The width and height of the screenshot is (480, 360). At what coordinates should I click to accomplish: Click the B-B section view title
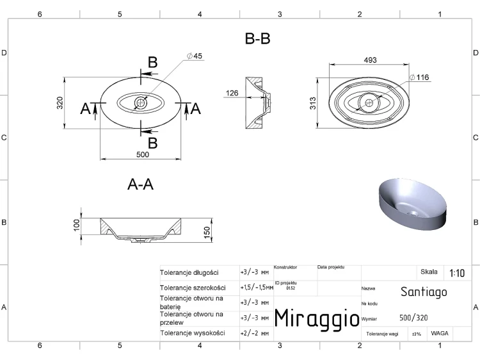pyautogui.click(x=257, y=38)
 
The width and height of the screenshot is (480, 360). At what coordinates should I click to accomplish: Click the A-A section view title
pyautogui.click(x=140, y=184)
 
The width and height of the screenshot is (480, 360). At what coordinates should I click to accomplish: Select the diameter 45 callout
pyautogui.click(x=195, y=56)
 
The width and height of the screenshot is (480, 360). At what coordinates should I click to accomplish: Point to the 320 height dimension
pyautogui.click(x=60, y=103)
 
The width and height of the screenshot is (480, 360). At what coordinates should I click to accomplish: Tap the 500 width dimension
pyautogui.click(x=143, y=154)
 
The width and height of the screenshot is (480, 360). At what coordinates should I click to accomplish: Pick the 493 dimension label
pyautogui.click(x=370, y=60)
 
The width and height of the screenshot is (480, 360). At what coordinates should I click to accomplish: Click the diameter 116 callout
pyautogui.click(x=419, y=78)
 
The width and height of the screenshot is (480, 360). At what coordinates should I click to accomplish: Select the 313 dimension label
pyautogui.click(x=312, y=103)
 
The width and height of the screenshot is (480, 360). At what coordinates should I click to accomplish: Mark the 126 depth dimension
pyautogui.click(x=232, y=93)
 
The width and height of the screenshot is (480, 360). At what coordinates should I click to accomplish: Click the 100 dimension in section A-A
pyautogui.click(x=77, y=225)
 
